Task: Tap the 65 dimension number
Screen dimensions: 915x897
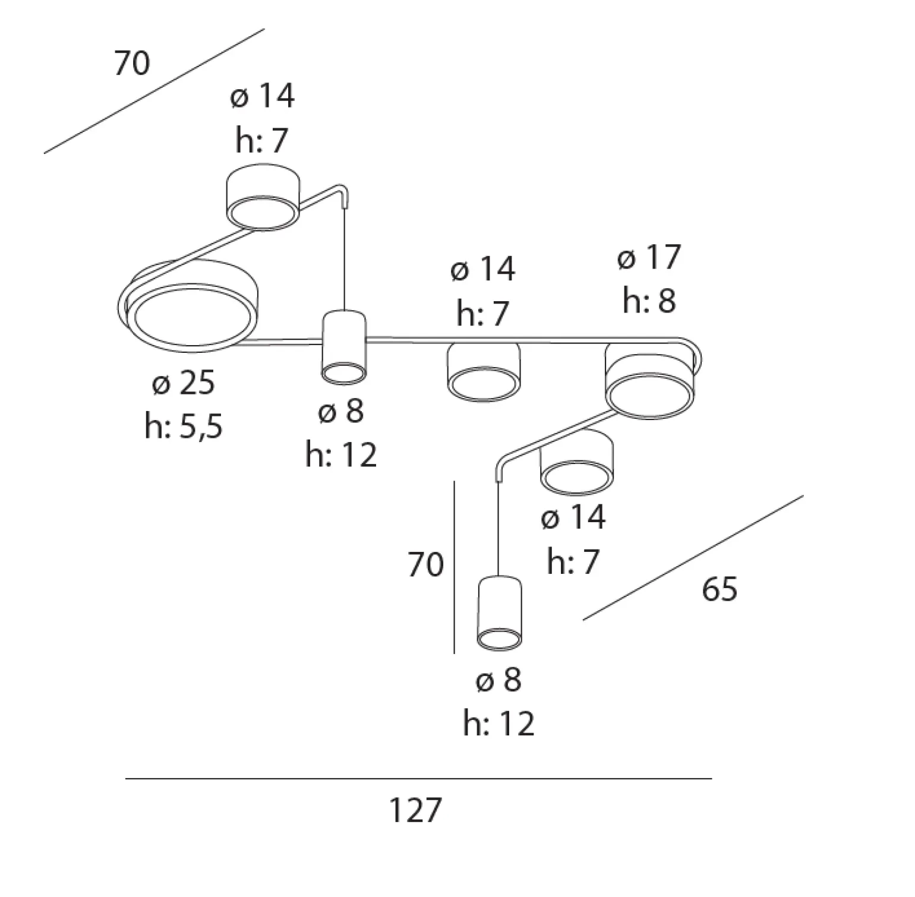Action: (x=720, y=589)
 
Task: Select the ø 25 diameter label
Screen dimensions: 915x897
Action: (x=183, y=383)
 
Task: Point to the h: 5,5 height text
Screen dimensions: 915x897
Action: (x=184, y=426)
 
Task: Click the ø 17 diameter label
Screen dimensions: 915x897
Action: (x=649, y=257)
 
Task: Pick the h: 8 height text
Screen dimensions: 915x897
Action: (x=649, y=301)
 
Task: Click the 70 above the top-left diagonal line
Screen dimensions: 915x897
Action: (x=132, y=64)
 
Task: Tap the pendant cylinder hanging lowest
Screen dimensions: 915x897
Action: (x=500, y=611)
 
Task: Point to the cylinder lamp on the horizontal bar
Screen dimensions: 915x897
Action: (x=344, y=347)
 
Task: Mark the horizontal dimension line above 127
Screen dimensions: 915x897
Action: (x=419, y=778)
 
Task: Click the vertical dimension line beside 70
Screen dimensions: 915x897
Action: (x=455, y=567)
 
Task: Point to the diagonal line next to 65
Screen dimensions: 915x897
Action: (x=693, y=558)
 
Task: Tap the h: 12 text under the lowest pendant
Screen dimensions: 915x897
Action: (x=499, y=724)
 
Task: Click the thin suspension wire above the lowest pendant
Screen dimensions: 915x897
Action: (x=498, y=528)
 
